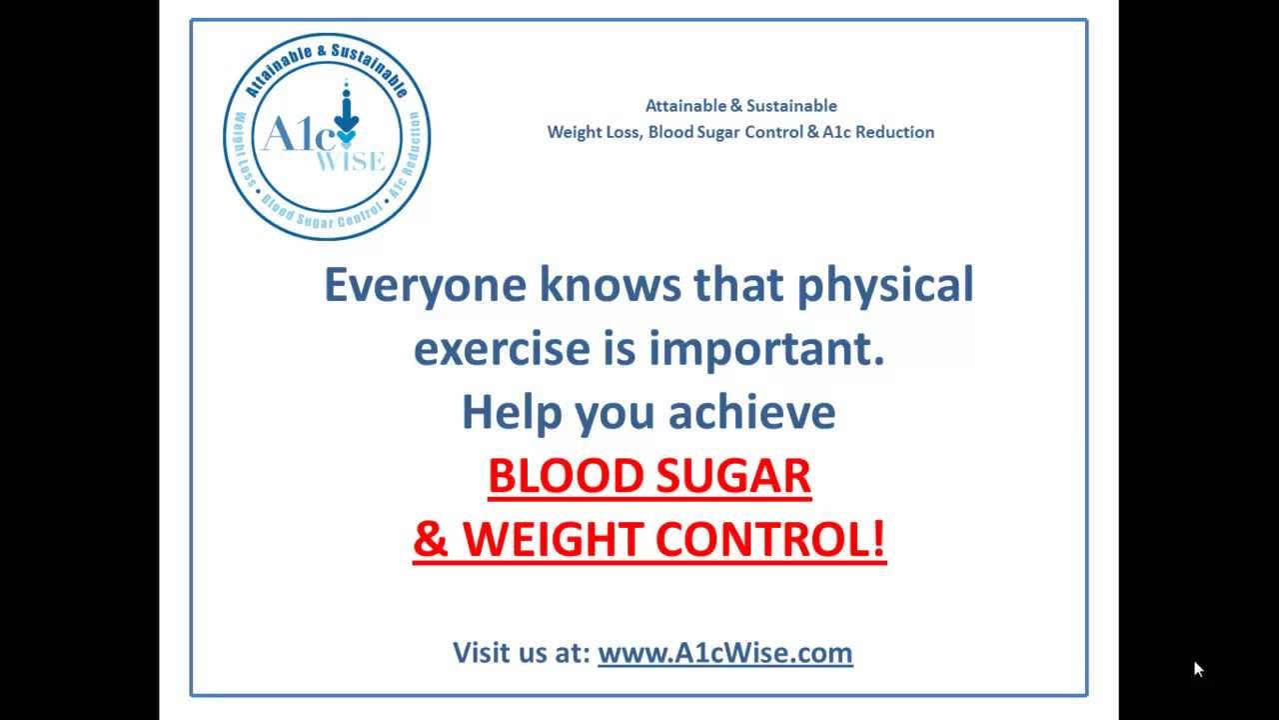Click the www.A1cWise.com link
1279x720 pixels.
725,653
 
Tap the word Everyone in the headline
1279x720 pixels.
425,286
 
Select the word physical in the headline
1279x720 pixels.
885,286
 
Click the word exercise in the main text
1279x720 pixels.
502,349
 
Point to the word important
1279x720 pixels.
766,350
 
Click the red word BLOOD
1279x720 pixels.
567,475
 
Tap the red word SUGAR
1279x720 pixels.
733,475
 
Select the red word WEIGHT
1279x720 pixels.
554,539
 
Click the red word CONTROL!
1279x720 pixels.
770,539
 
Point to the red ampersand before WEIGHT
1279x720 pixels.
431,539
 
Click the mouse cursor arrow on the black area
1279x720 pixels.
1198,669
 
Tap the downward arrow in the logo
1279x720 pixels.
346,115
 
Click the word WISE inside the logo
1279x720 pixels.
351,161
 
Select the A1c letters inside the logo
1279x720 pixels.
299,134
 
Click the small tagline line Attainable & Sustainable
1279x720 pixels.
741,106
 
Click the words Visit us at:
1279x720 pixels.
522,653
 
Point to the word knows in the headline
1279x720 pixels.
610,285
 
